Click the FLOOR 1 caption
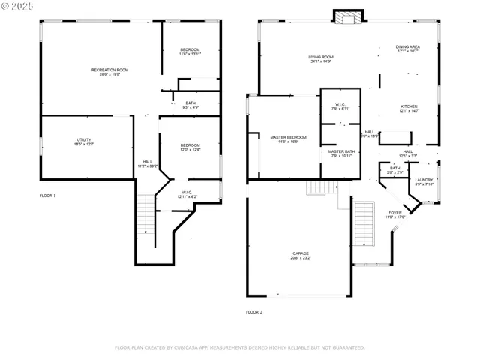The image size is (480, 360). pos(47,196)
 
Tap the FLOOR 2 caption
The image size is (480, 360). pos(254,311)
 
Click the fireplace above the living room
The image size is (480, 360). pos(348,17)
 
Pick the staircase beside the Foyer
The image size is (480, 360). pos(365,223)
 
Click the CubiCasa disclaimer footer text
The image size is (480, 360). pos(239,347)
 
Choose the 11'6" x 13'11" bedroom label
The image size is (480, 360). pos(190,52)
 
